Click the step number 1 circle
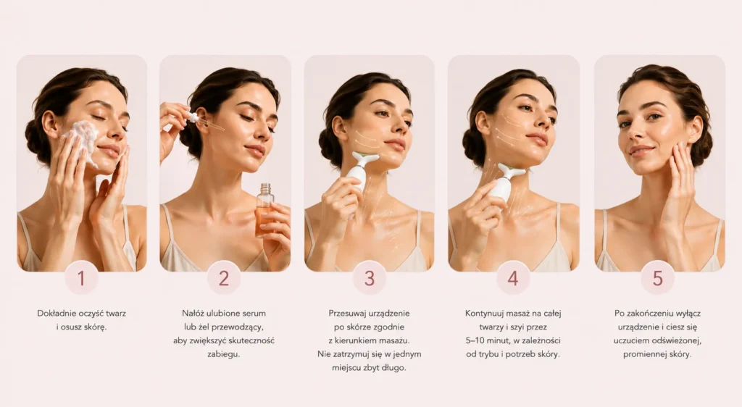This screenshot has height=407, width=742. pos(81,278)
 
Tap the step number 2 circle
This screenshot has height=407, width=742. pos(224,278)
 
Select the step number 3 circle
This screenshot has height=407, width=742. pos(370,278)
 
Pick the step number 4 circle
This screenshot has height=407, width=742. pos(513,278)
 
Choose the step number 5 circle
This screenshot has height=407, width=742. pos(658,278)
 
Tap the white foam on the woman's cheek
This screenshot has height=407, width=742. pos(84,140)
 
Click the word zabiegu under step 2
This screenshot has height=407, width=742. pos(222,354)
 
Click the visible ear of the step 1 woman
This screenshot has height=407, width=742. pos(50,124)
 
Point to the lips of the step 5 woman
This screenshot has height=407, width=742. pos(641,151)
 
